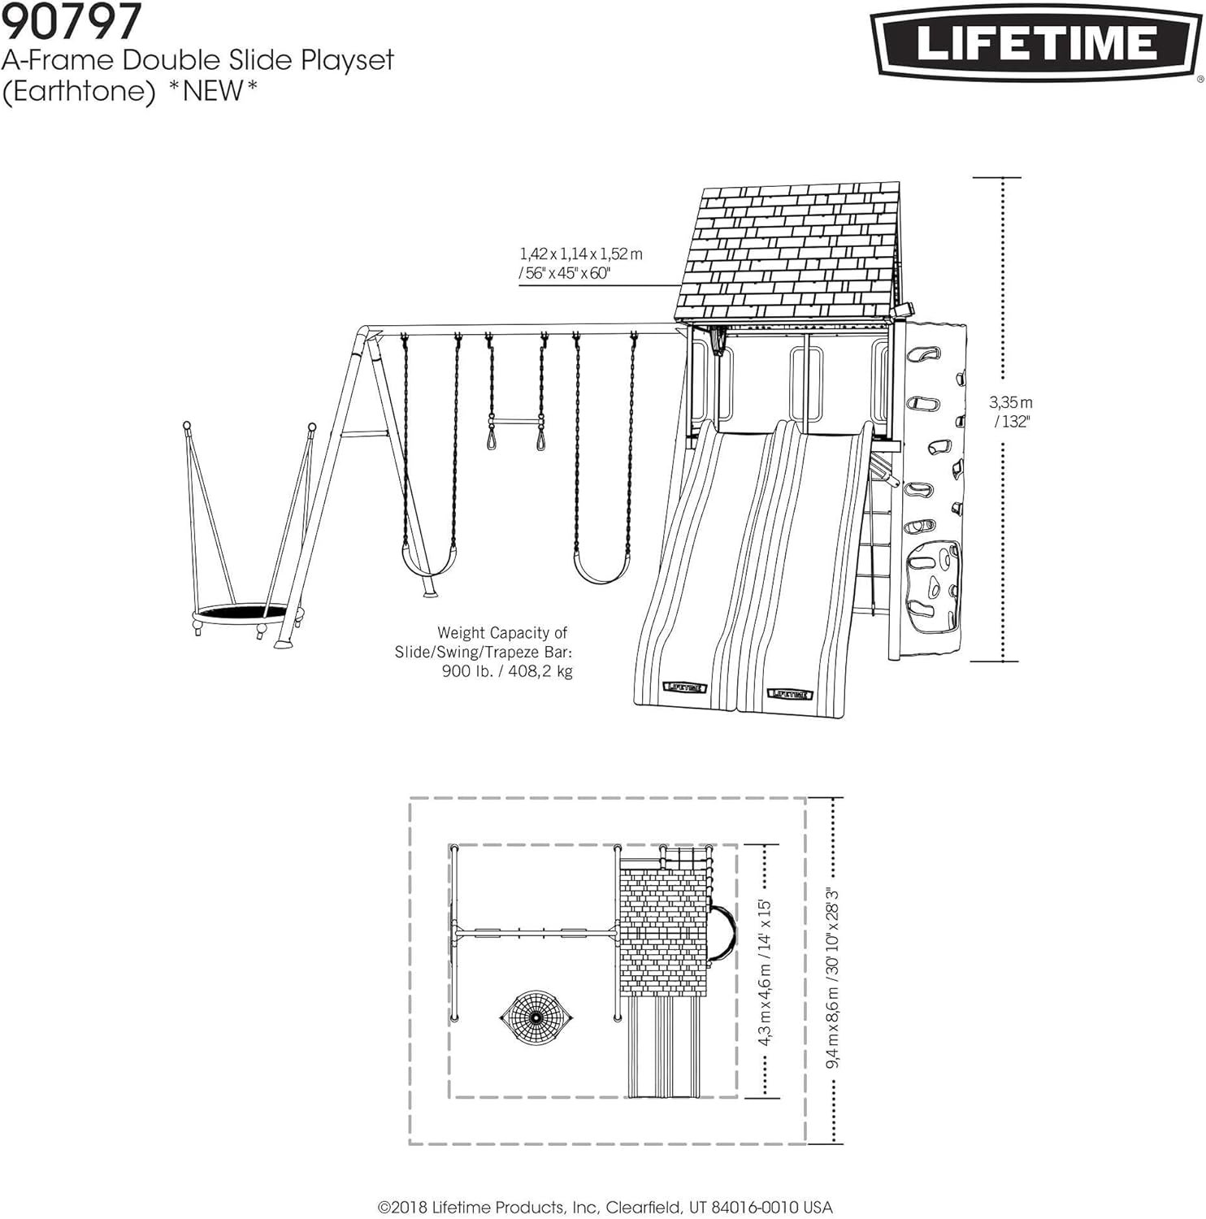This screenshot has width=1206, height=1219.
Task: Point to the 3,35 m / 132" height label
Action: (1011, 411)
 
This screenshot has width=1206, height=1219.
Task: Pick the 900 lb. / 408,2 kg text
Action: (507, 671)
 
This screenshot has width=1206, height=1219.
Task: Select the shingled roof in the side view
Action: (791, 252)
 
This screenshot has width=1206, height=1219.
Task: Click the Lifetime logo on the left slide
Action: (684, 688)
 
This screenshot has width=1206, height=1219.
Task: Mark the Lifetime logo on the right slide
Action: (790, 694)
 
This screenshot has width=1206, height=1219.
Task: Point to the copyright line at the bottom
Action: (605, 1208)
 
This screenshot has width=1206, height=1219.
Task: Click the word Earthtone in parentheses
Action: (79, 91)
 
